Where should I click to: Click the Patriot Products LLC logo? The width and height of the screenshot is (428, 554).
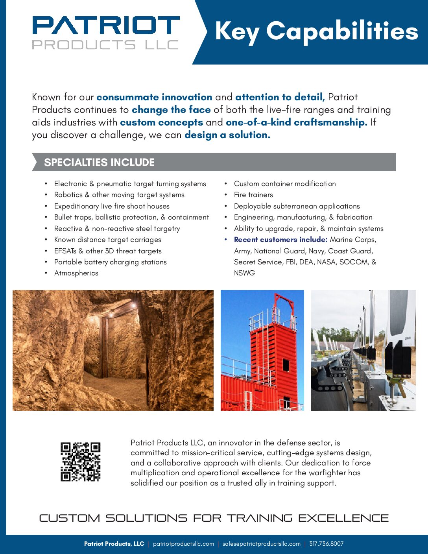[105, 32]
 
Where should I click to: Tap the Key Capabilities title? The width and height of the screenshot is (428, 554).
[316, 31]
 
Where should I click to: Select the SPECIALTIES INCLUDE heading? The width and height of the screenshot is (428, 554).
[99, 162]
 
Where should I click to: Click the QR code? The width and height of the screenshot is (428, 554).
[80, 462]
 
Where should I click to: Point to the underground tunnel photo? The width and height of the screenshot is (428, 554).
[113, 350]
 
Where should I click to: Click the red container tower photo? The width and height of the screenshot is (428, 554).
[262, 350]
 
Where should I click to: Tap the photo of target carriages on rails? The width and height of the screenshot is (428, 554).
[363, 350]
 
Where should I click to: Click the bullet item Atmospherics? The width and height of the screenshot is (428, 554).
[76, 273]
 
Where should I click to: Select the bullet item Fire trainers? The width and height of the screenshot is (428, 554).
[253, 195]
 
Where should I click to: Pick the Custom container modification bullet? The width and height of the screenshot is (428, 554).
[285, 184]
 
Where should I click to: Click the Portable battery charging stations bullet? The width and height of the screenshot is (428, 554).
[110, 262]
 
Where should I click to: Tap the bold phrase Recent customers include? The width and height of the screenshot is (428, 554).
[280, 240]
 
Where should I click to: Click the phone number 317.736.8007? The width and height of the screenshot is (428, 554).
[326, 544]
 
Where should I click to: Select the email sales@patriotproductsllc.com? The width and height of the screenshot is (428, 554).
[261, 544]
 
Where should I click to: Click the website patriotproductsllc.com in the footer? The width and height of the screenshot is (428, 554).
[183, 544]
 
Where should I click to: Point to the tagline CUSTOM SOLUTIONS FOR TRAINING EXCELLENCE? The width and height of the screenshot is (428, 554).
[214, 518]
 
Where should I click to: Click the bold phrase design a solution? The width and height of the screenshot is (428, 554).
[227, 135]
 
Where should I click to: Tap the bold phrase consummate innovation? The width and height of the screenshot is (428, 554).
[154, 97]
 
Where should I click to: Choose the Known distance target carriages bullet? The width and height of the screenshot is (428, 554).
[107, 240]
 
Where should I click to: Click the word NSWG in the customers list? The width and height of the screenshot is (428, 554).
[244, 273]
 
